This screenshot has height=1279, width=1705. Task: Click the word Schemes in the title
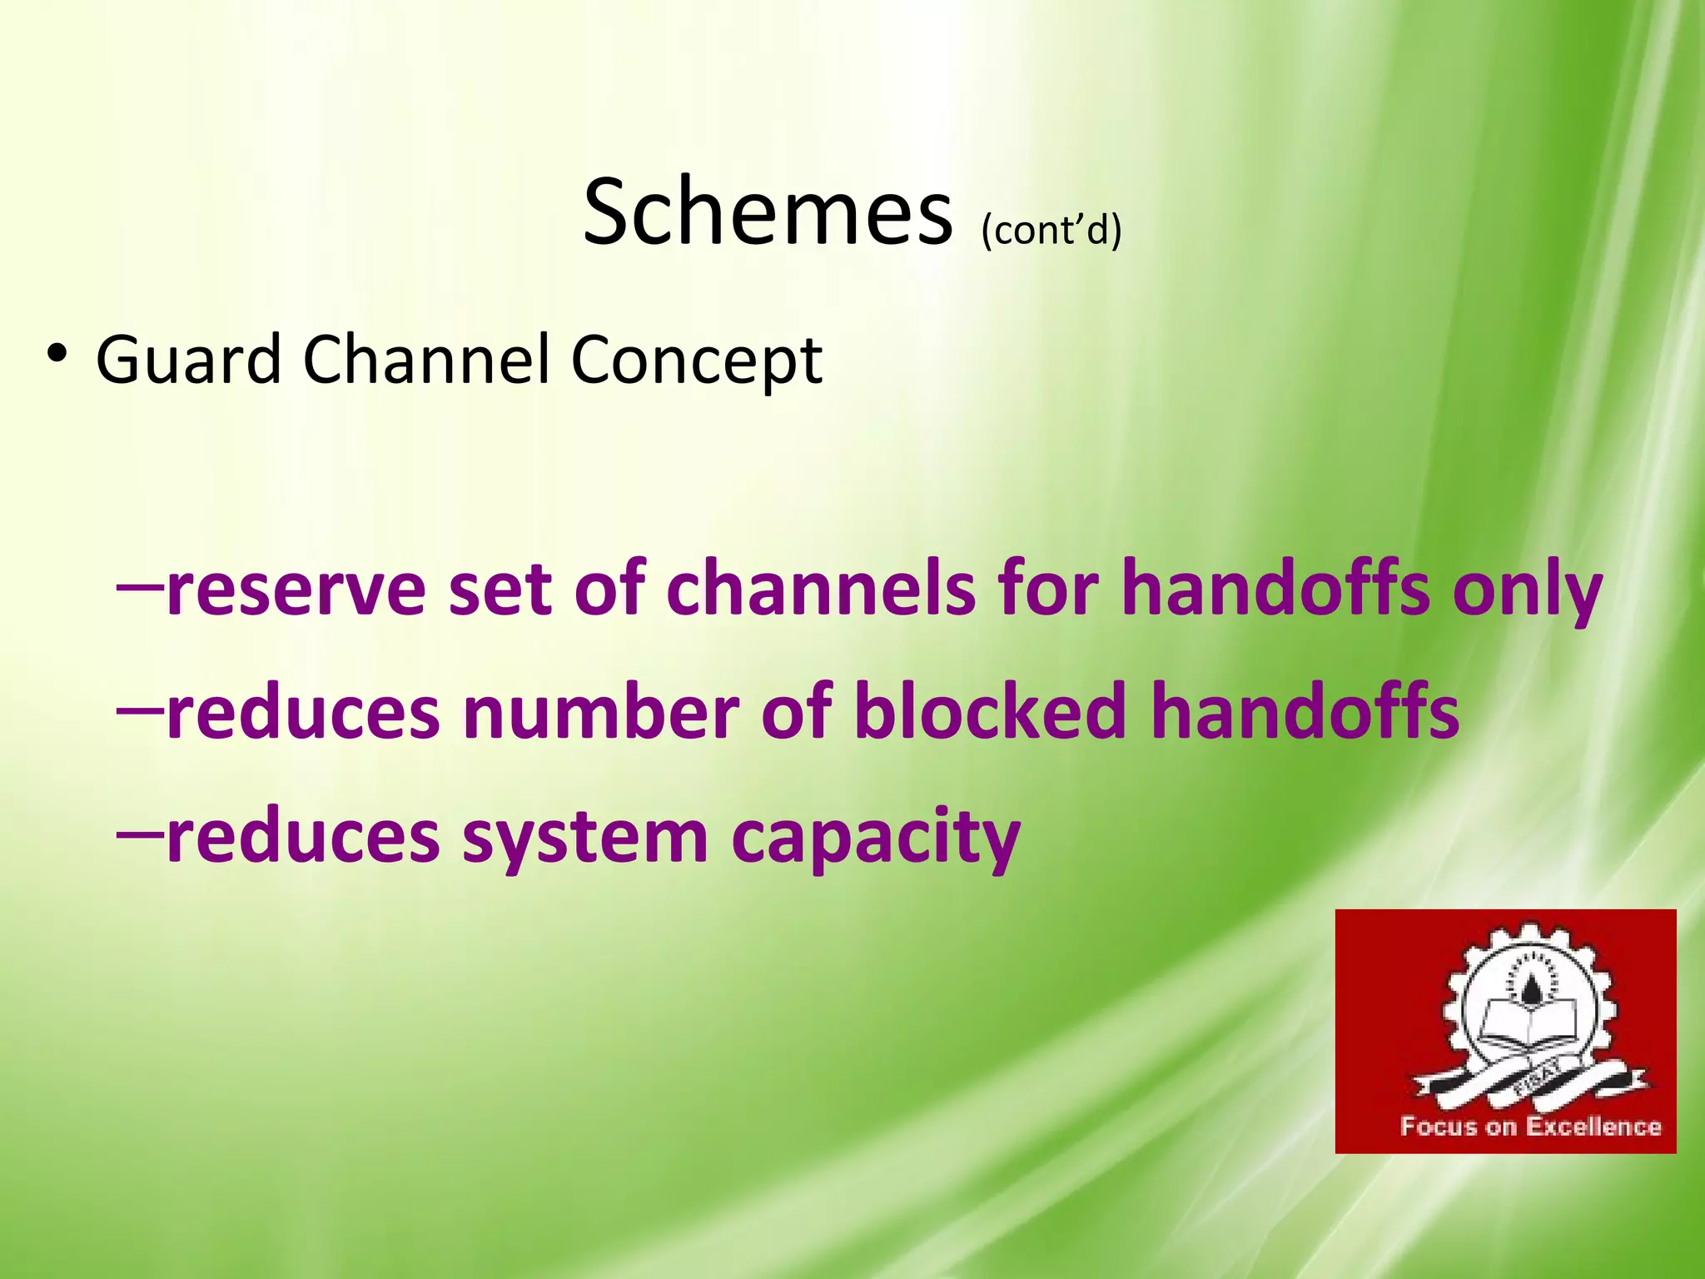pyautogui.click(x=767, y=212)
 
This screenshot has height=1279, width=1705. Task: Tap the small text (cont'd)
pyautogui.click(x=1051, y=229)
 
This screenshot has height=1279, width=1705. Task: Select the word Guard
pyautogui.click(x=189, y=360)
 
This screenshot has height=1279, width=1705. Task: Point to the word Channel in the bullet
pyautogui.click(x=425, y=360)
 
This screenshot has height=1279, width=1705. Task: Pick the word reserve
pyautogui.click(x=296, y=590)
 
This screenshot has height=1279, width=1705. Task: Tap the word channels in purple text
pyautogui.click(x=821, y=590)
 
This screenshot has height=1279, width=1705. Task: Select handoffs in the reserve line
pyautogui.click(x=1275, y=590)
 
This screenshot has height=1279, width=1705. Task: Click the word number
pyautogui.click(x=600, y=713)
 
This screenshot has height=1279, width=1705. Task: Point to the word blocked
pyautogui.click(x=990, y=713)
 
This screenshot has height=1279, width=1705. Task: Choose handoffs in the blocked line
pyautogui.click(x=1305, y=713)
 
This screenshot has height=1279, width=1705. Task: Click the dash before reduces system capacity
pyautogui.click(x=138, y=829)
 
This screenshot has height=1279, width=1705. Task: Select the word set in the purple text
pyautogui.click(x=500, y=590)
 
